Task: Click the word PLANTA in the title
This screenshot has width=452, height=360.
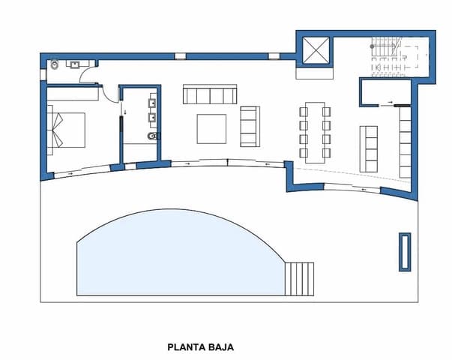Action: pos(186,347)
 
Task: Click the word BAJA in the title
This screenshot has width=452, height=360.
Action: pos(220,347)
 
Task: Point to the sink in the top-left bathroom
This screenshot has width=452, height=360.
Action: pos(76,64)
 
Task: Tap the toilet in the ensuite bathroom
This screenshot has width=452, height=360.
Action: pos(152,137)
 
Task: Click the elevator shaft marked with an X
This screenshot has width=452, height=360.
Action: pos(316,50)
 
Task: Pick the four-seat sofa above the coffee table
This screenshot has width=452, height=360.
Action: pos(211,94)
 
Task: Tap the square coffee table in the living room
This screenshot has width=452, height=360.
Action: pos(211,128)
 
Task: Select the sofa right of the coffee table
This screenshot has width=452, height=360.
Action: pos(250,126)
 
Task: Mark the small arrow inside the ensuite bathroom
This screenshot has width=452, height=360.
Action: pos(125,111)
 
